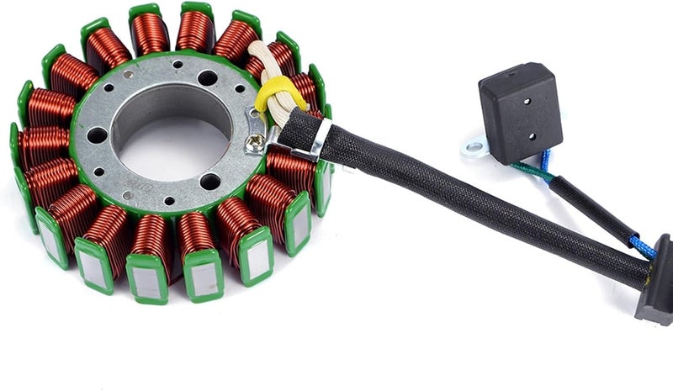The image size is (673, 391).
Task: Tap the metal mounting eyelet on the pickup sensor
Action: point(474,149)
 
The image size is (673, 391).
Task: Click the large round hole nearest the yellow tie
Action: point(207,78)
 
